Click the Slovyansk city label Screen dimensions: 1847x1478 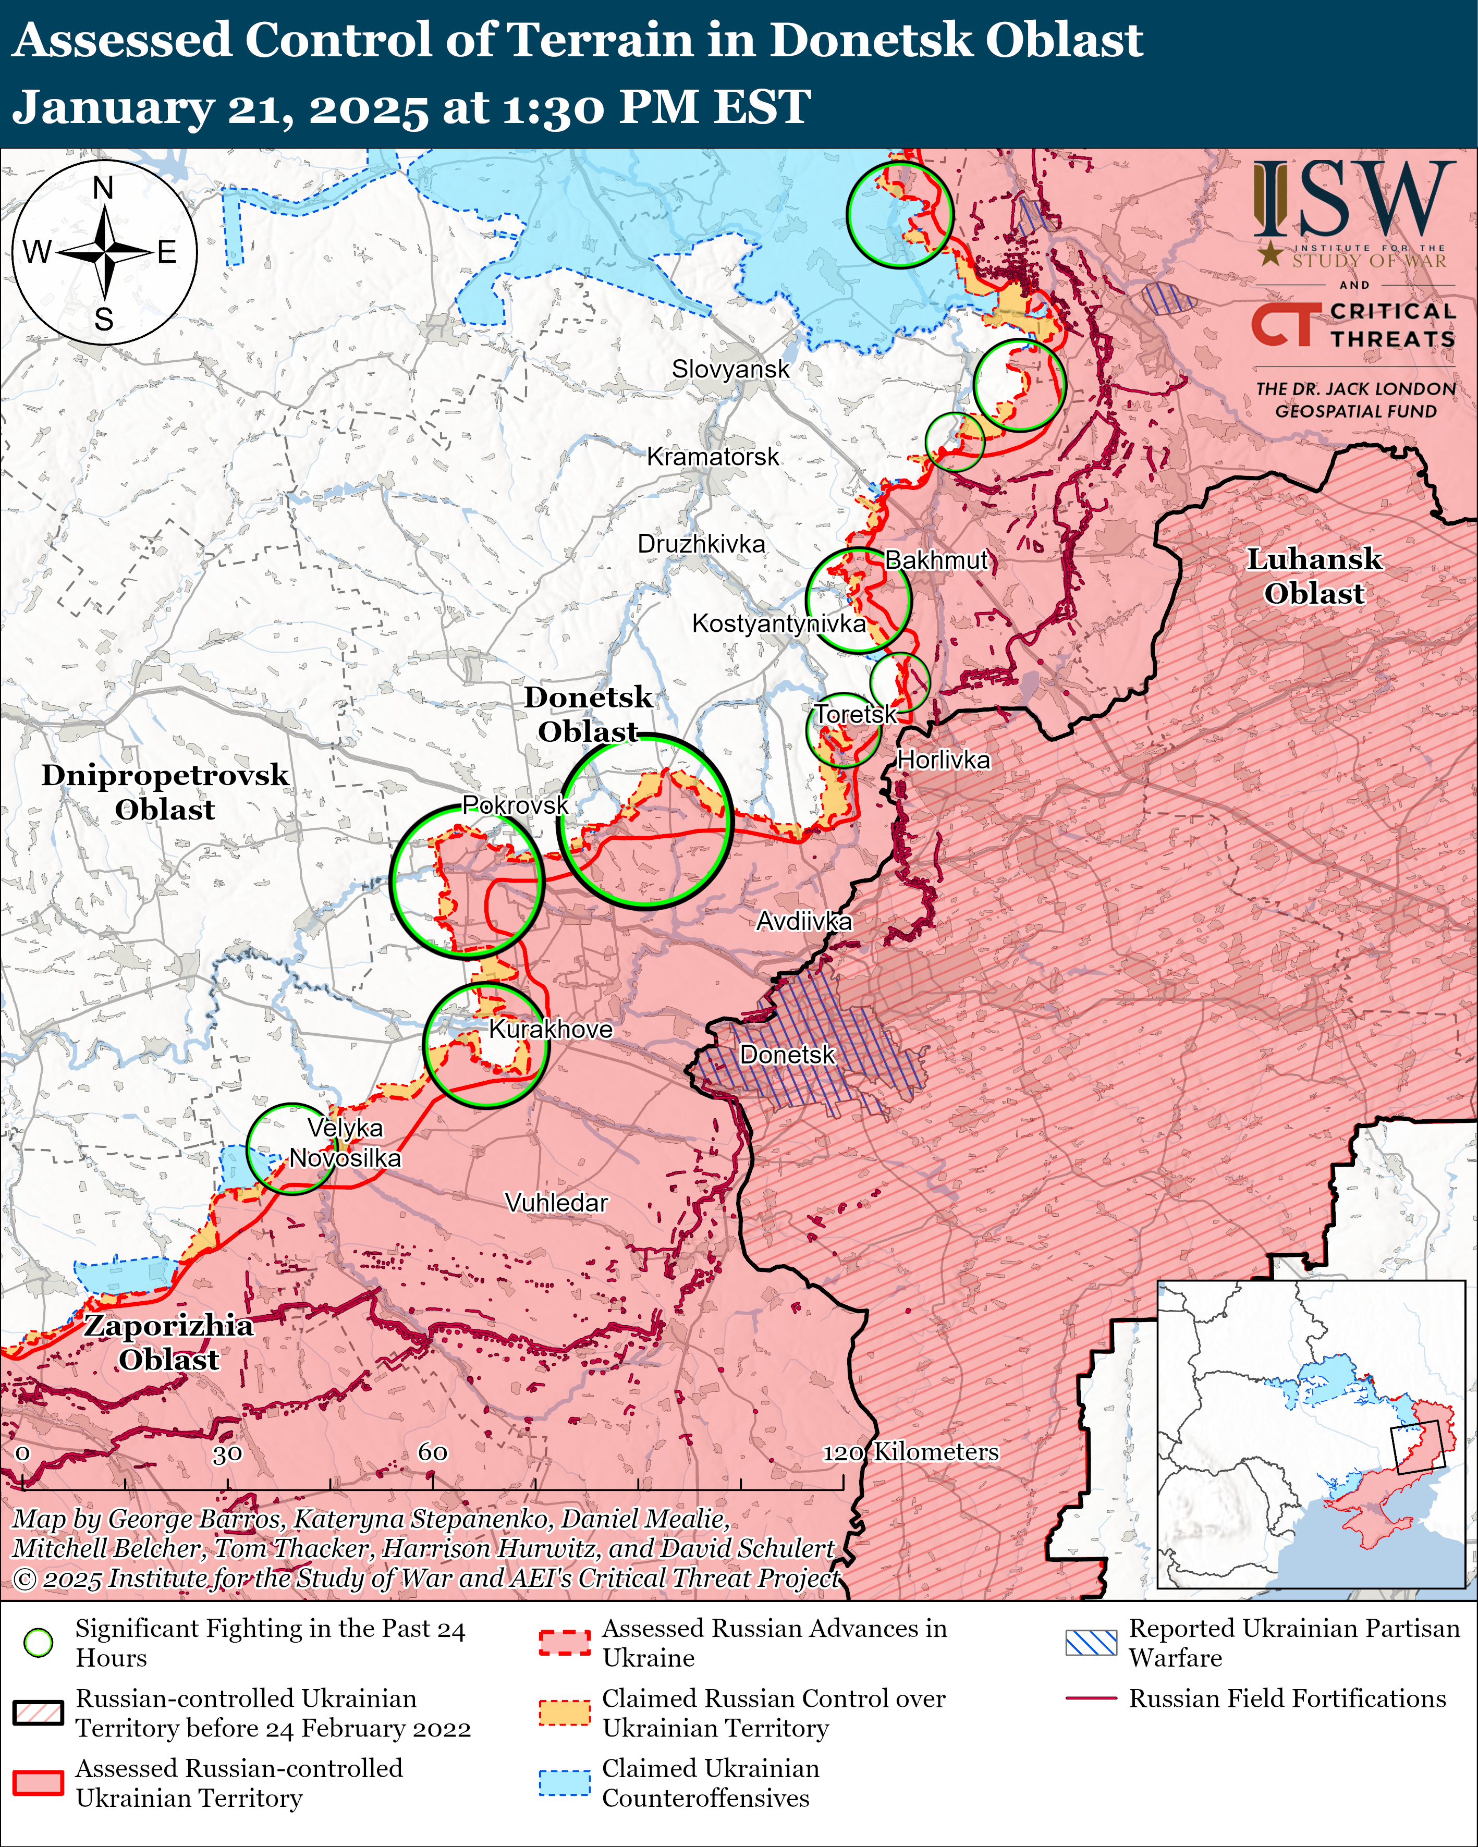(x=730, y=369)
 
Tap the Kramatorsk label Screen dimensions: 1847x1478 (x=713, y=457)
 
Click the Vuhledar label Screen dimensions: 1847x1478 (x=556, y=1203)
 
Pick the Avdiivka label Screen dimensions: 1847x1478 (x=804, y=921)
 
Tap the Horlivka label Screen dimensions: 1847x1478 (x=943, y=760)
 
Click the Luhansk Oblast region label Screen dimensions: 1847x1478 (x=1313, y=576)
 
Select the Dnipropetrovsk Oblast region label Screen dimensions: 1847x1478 (x=165, y=791)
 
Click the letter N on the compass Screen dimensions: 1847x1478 (x=103, y=188)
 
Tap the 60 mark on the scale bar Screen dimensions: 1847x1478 (x=433, y=1452)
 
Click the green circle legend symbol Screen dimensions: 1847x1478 (x=39, y=1642)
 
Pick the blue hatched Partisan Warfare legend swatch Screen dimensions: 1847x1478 (x=1091, y=1642)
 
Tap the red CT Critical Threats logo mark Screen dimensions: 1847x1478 (x=1282, y=325)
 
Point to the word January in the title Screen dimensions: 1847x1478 (x=112, y=108)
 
